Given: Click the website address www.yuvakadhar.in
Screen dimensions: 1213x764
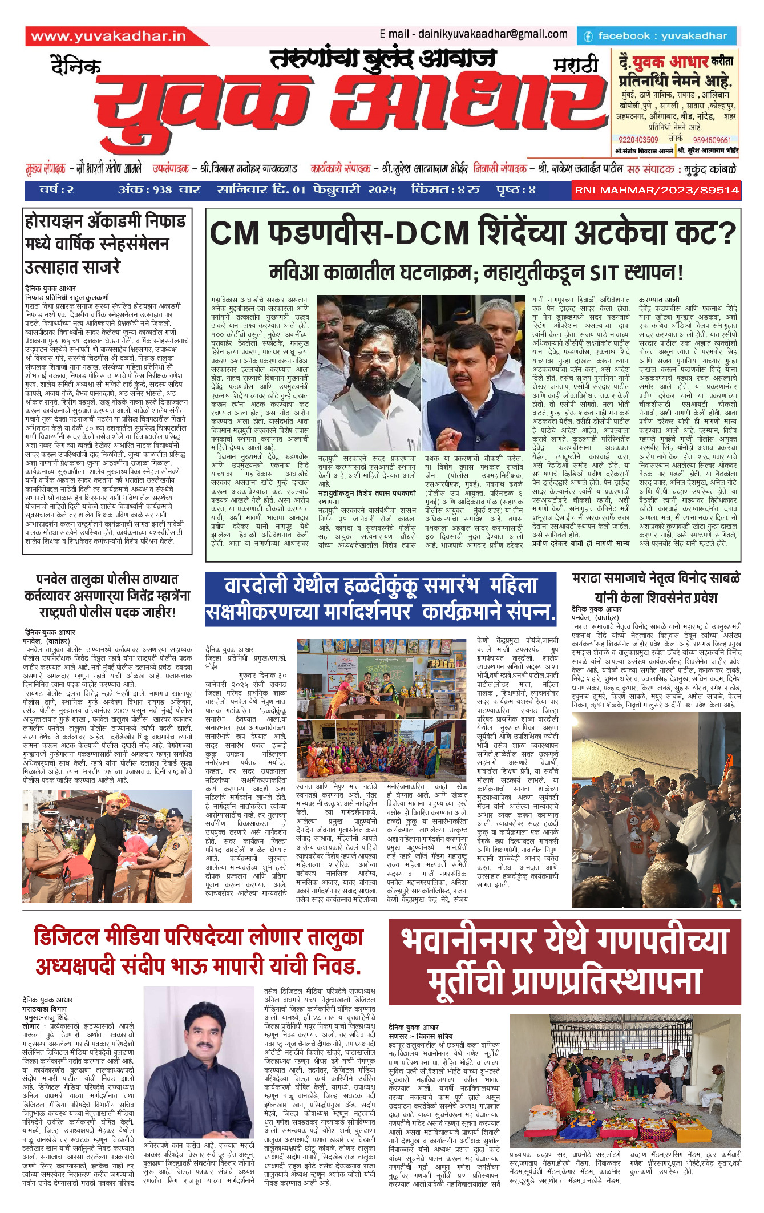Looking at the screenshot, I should (108, 37).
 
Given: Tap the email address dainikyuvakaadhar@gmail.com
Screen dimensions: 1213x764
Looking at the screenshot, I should (474, 34).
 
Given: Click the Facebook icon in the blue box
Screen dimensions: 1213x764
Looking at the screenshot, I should (588, 37).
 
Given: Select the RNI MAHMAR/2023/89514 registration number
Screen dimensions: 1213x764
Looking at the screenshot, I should (656, 190).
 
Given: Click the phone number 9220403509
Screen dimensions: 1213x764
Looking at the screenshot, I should (638, 140).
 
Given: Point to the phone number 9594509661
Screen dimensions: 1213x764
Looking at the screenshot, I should (712, 140).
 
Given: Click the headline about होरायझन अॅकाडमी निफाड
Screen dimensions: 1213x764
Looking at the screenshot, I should (105, 244).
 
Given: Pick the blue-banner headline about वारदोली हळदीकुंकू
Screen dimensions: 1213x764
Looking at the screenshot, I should (381, 599).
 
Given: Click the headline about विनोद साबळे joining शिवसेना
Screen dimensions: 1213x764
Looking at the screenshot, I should (656, 588).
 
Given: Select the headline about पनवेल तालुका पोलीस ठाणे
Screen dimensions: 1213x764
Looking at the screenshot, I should (107, 596).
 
